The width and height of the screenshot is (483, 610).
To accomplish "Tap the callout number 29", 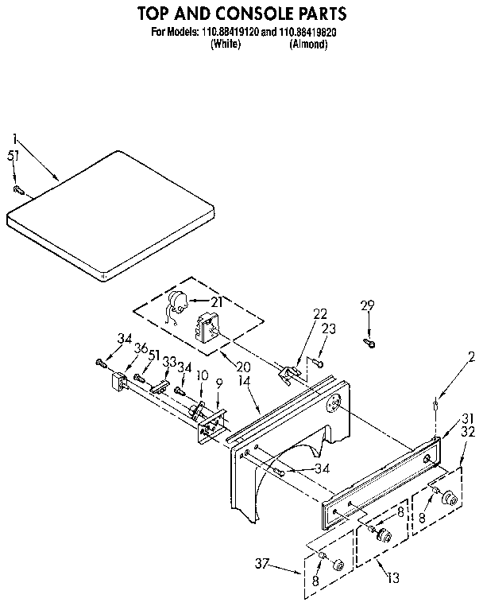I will pos(367,306).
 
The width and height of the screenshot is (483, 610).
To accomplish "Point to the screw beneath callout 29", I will pos(369,341).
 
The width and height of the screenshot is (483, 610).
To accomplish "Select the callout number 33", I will pos(168,360).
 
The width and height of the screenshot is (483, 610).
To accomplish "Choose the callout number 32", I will pos(467,433).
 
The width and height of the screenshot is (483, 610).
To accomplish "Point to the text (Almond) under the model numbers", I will pos(309,45).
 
